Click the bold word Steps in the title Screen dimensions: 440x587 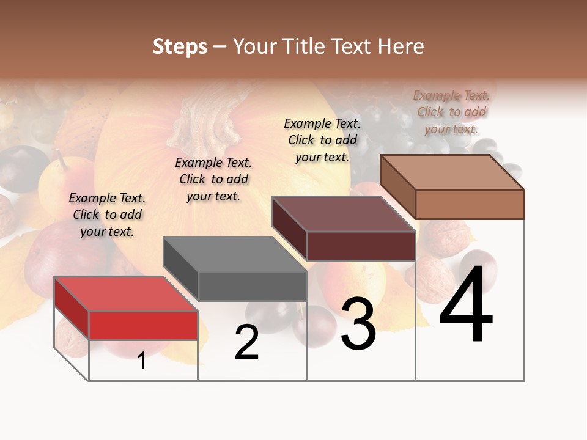(x=180, y=46)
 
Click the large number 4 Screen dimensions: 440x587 (x=466, y=306)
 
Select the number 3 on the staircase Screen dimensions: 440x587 (x=358, y=324)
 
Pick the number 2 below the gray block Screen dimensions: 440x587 (x=246, y=342)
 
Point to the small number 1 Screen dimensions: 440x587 (x=142, y=361)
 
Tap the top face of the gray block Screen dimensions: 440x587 (x=235, y=254)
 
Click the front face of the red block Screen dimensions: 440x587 (x=143, y=325)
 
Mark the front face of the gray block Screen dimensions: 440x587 (x=252, y=286)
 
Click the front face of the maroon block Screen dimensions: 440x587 (x=361, y=246)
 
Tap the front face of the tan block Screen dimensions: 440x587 (x=470, y=204)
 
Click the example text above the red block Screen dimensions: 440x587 (x=107, y=215)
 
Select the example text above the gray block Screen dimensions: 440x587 (x=213, y=179)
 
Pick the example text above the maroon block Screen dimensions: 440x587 (x=322, y=140)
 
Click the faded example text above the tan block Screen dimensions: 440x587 (x=451, y=112)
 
